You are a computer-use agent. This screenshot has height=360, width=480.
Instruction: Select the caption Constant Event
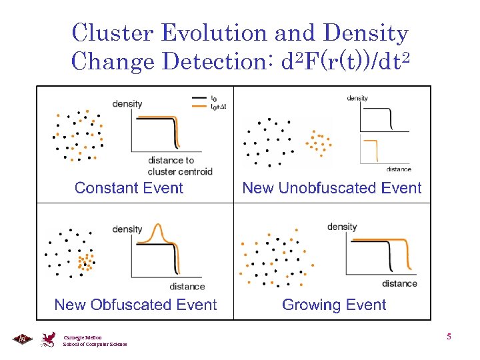(x=129, y=188)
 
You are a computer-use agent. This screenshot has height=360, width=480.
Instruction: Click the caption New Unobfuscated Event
(x=332, y=188)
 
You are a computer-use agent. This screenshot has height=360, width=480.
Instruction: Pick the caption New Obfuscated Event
(x=135, y=305)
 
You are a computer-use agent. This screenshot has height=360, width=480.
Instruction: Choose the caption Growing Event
(x=334, y=305)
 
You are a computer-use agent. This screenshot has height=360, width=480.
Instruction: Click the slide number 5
(x=449, y=337)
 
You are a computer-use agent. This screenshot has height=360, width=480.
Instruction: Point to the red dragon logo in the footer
(x=49, y=340)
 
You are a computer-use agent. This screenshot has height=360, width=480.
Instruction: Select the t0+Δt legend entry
(x=218, y=106)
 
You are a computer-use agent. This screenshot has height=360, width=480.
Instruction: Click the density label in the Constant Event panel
(x=127, y=104)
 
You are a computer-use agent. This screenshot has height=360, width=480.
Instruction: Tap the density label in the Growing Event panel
(x=342, y=227)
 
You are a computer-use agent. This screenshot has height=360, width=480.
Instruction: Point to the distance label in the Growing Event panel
(x=399, y=283)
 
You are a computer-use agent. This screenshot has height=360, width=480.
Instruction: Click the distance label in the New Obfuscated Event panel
(x=187, y=287)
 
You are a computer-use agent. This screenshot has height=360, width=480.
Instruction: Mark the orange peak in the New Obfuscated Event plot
(x=159, y=230)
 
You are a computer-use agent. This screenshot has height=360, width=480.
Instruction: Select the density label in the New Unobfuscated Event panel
(x=357, y=99)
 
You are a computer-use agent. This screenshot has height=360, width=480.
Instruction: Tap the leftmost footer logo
(x=21, y=339)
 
